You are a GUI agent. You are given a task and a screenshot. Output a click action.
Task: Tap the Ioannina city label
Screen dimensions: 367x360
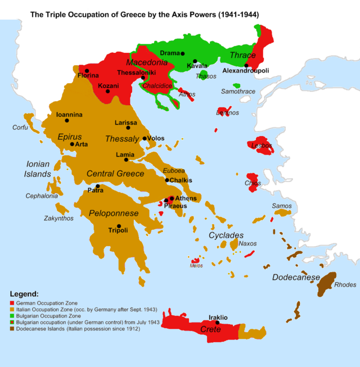69,115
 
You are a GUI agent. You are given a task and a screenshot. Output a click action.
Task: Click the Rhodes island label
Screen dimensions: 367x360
345,284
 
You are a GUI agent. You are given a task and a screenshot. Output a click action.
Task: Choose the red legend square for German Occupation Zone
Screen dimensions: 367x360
13,303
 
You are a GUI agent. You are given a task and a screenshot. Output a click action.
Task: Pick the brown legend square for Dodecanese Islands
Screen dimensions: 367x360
13,328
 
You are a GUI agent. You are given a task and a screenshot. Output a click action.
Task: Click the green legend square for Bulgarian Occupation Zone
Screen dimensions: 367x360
13,316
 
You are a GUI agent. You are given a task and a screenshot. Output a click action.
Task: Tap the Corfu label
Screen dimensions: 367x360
20,128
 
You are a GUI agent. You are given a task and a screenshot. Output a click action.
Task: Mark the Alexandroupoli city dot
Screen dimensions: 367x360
246,65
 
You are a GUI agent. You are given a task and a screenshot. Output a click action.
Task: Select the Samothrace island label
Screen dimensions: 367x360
238,91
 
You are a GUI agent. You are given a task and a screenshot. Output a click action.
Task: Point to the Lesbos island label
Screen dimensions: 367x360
262,146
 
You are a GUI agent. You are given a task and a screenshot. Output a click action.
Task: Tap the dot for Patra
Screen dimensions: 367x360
98,186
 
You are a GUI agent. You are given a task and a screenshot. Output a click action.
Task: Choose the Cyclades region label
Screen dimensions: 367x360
226,235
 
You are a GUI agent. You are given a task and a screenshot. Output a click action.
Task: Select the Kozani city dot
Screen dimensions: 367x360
107,91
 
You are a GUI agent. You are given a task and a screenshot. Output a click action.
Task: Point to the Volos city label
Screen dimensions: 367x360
156,138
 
